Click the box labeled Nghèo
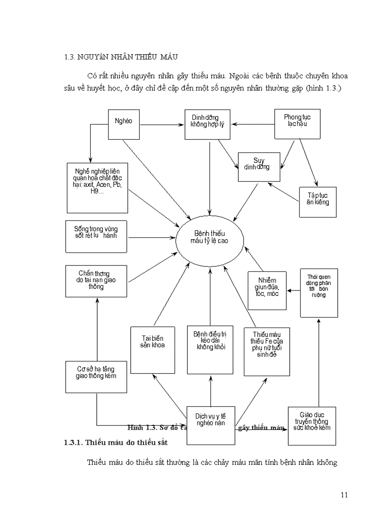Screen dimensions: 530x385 (124, 125)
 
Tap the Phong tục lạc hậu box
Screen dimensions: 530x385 (297, 124)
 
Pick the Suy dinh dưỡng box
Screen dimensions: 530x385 (259, 167)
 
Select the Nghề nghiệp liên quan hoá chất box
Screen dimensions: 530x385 (98, 188)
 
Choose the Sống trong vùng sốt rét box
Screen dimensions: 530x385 (96, 236)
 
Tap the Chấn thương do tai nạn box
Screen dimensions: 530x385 (96, 280)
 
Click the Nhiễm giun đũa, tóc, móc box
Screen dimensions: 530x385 (267, 290)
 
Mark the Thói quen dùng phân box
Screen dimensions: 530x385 (319, 293)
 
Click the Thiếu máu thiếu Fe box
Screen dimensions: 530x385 (267, 351)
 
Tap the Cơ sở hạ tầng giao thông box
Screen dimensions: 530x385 (96, 376)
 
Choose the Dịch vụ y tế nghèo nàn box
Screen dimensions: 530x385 (210, 425)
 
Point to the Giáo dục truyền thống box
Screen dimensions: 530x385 (312, 425)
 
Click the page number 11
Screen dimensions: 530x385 (343, 495)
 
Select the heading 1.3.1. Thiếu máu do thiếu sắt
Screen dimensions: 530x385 (116, 442)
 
